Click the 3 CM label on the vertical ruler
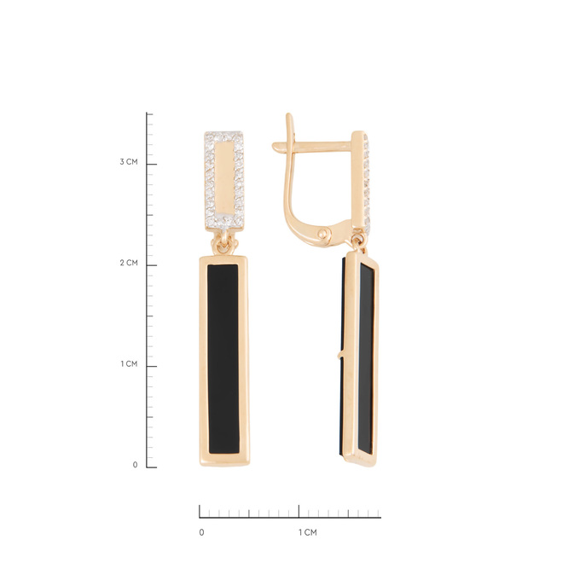coord(128,162)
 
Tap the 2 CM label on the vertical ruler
coord(128,263)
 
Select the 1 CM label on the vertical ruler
coord(129,364)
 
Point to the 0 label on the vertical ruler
coord(135,465)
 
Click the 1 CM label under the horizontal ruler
coord(308,532)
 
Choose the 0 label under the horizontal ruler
coord(201,532)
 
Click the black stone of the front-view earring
coord(223,359)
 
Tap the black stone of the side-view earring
coord(366,358)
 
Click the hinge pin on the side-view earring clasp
coord(324,234)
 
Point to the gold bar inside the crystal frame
coord(224,178)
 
